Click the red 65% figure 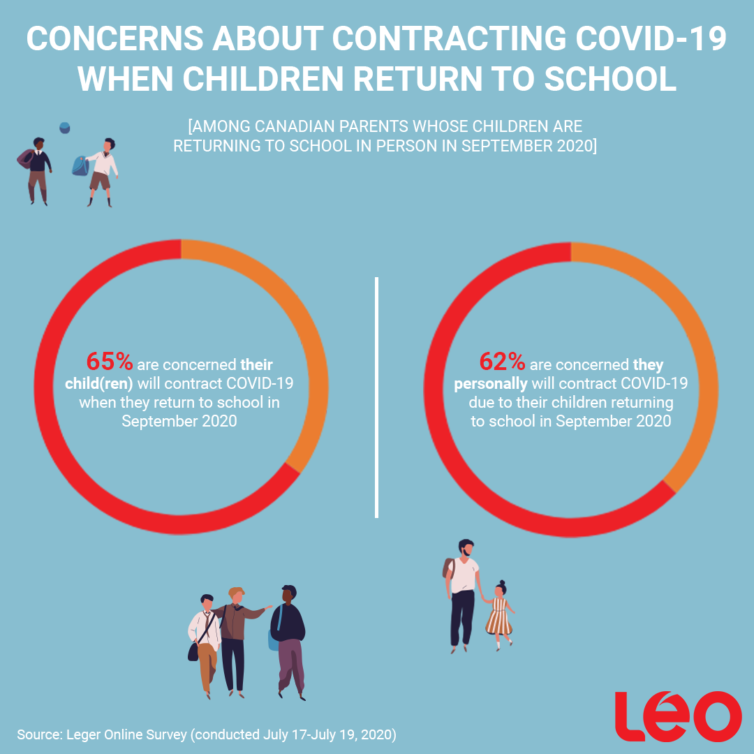coord(109,362)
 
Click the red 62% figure coord(501,362)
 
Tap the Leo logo coord(677,716)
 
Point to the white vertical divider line coord(377,398)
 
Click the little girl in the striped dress coord(500,614)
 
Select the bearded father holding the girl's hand coord(462,593)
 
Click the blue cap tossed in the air coord(65,127)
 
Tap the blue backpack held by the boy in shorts coord(80,165)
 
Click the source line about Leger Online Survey coord(207,734)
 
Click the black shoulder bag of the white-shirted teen coord(193,651)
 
